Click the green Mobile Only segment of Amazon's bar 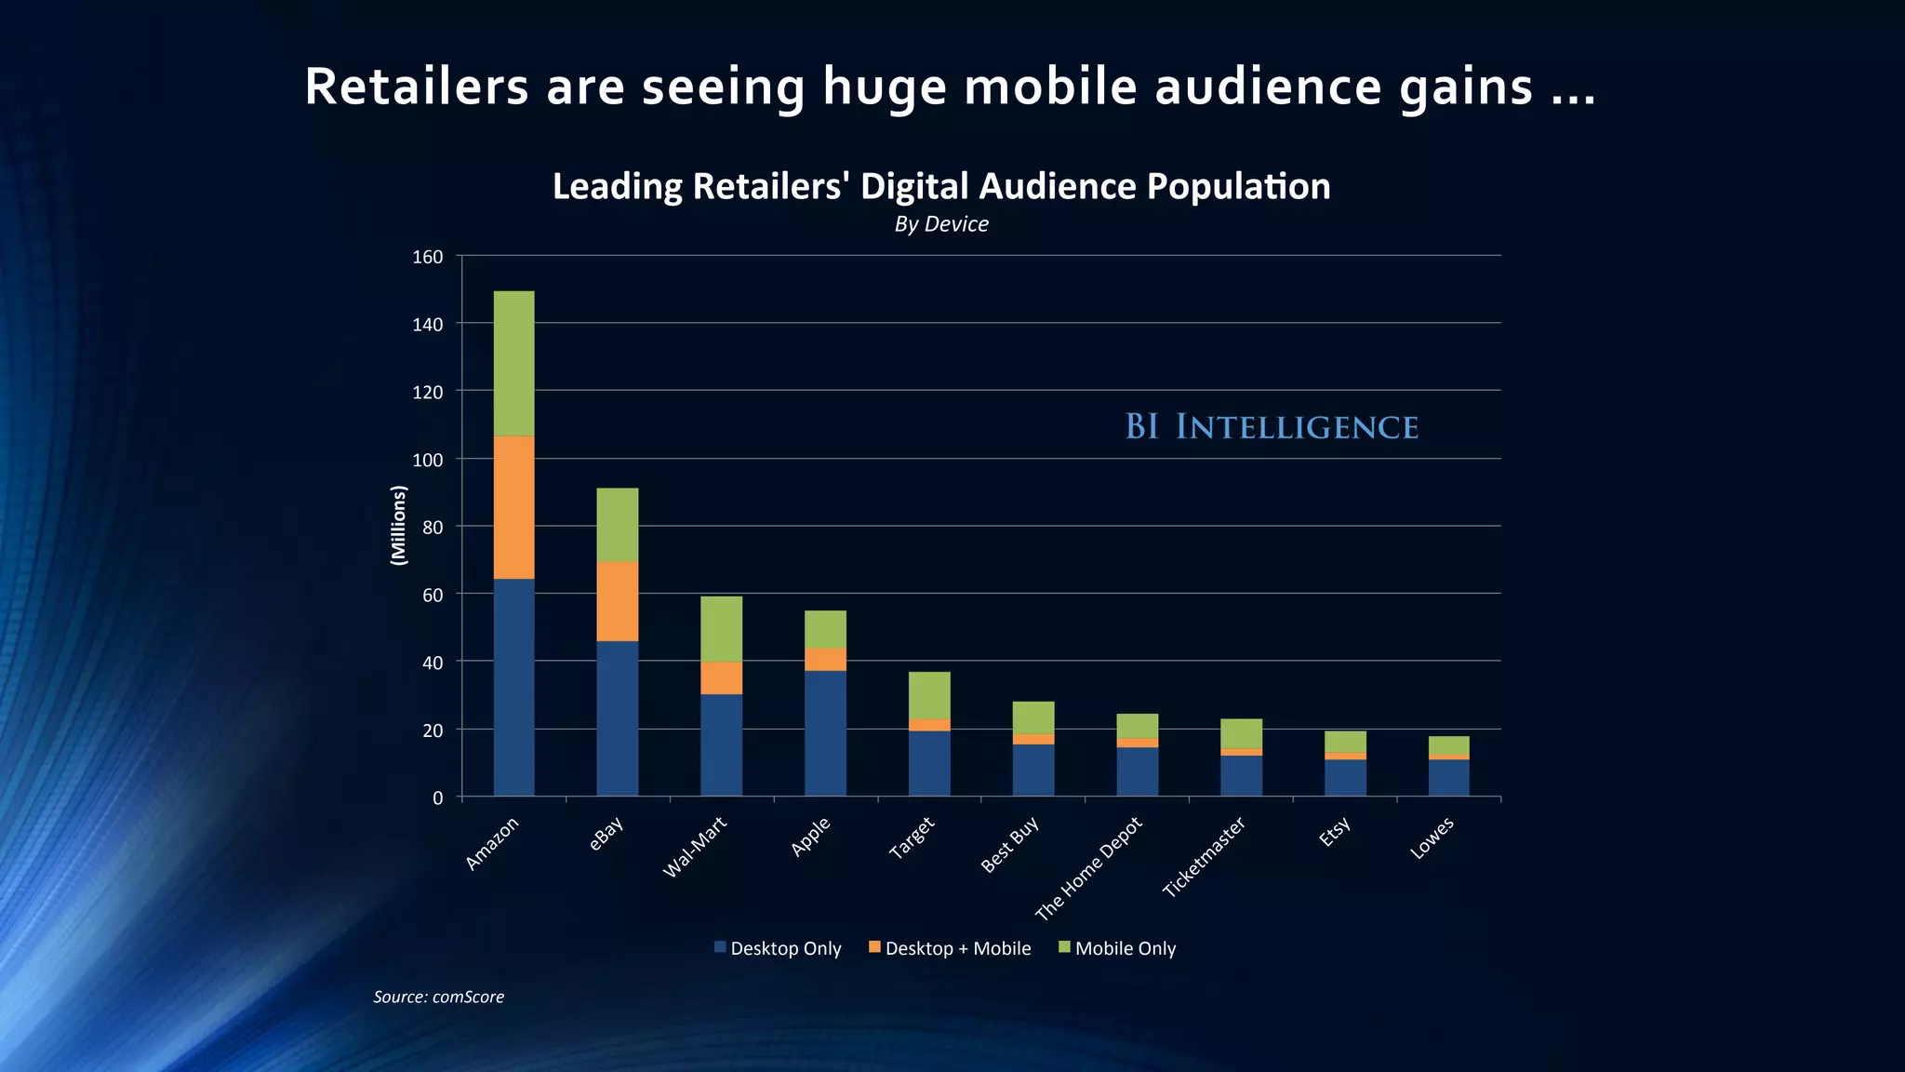click(x=513, y=363)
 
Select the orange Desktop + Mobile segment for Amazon click(x=513, y=507)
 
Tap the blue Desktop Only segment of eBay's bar click(x=617, y=717)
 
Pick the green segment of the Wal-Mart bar click(x=721, y=629)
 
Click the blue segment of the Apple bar click(x=825, y=732)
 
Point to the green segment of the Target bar click(x=929, y=695)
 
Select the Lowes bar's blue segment click(x=1448, y=777)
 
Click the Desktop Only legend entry click(x=778, y=948)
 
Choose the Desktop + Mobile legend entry click(x=950, y=948)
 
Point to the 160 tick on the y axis click(x=428, y=257)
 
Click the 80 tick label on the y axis click(x=433, y=528)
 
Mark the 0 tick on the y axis click(x=437, y=798)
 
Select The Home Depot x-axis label click(x=1087, y=868)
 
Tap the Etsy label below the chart click(x=1334, y=832)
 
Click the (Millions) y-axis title click(x=399, y=525)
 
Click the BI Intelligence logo click(x=1272, y=427)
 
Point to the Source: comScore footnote click(x=438, y=997)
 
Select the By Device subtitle click(x=941, y=224)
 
